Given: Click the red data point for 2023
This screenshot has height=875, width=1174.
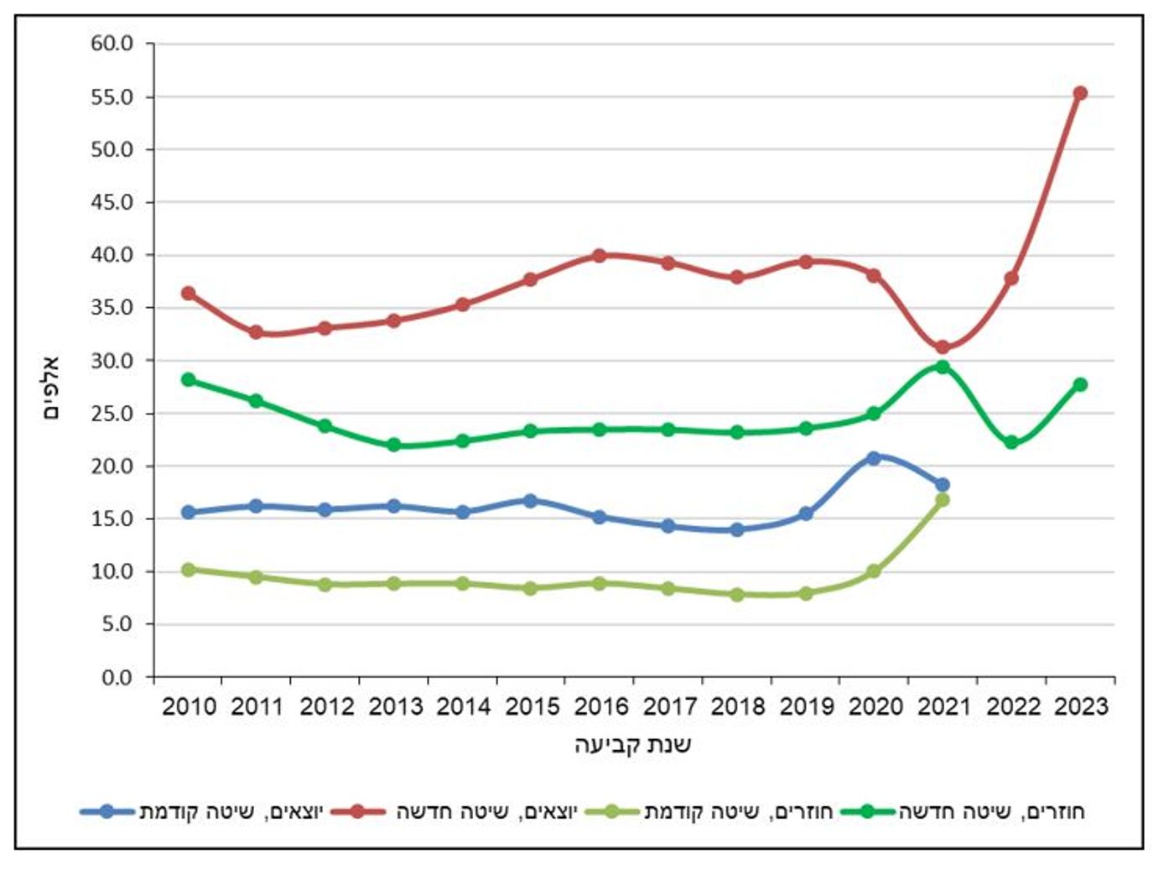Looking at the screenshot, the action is point(1080,93).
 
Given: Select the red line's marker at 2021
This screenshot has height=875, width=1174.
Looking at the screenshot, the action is point(943,347).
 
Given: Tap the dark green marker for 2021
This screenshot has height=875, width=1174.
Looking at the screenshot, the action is point(943,367).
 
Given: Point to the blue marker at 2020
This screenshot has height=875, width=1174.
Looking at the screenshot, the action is point(874,458).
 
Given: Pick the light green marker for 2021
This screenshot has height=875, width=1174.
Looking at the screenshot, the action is point(943,500).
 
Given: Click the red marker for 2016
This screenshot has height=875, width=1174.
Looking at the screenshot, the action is point(600,256).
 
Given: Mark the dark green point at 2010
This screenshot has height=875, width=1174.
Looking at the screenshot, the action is point(189,379).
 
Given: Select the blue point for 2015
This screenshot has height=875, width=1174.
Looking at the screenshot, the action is point(530,501).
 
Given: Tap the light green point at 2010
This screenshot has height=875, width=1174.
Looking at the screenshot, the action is point(189,570).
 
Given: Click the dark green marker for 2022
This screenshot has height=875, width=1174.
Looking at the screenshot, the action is point(1011,442).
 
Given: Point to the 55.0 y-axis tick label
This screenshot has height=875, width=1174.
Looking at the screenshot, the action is point(112,97).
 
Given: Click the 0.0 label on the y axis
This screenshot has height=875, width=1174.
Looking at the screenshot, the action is point(117,678).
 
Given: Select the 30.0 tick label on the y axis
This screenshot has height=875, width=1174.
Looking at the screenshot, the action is point(112,361).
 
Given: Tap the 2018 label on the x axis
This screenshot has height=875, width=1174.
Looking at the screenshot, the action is point(738,706).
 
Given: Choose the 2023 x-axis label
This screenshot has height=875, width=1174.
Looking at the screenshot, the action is point(1081,706).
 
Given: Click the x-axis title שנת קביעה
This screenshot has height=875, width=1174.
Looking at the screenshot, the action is point(633,745).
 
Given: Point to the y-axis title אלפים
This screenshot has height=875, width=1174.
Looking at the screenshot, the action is point(51,388).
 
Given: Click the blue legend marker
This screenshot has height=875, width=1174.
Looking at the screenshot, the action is point(106,811).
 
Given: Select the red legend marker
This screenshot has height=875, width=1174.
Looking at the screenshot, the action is point(356,811).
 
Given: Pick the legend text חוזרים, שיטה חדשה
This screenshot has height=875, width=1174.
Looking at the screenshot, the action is point(992,812).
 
